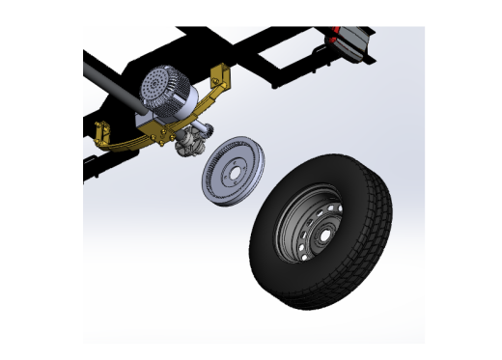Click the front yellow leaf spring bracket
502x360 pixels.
click(102, 130)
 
